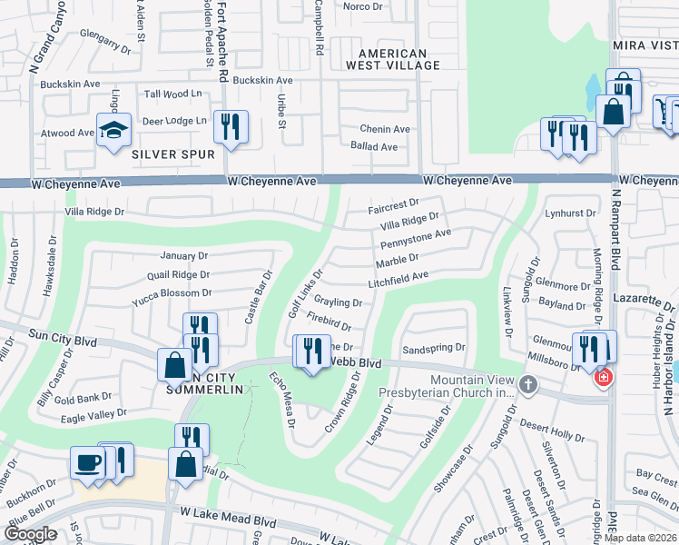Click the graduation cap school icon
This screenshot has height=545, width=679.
click(113, 130)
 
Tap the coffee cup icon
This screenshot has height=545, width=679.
click(88, 461)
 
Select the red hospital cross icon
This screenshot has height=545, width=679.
click(602, 376)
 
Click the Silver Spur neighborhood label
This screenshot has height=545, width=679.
click(173, 154)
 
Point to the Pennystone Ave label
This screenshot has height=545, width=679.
click(415, 240)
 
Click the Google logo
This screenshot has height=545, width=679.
click(30, 534)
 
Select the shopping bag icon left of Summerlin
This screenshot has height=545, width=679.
click(173, 365)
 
